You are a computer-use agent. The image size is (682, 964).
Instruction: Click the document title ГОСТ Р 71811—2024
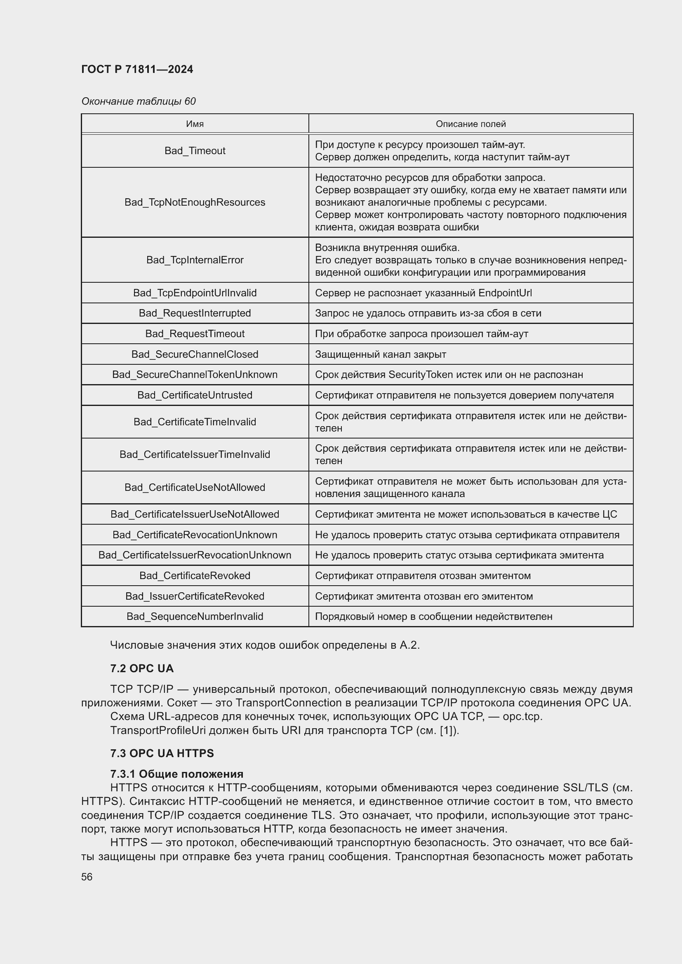(137, 69)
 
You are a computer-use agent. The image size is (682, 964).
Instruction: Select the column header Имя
(195, 124)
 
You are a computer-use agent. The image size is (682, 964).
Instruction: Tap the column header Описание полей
(470, 124)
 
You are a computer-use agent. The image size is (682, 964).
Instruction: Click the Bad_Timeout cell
(195, 151)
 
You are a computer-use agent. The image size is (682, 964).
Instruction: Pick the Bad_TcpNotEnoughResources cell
(195, 202)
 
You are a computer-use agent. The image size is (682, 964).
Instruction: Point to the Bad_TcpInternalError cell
(195, 260)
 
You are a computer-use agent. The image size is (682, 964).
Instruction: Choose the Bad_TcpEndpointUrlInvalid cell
(195, 293)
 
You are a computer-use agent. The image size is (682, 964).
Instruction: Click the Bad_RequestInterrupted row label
(195, 313)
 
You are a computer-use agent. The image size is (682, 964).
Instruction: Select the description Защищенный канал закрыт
(381, 354)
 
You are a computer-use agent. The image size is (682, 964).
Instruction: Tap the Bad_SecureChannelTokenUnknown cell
(195, 375)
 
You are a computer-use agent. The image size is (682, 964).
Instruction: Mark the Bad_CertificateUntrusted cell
(195, 395)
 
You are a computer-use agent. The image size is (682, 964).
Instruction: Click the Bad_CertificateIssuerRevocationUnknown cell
(195, 555)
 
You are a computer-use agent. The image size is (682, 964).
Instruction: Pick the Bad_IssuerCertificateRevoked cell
(195, 596)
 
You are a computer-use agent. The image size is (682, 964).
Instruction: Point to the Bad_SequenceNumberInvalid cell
(195, 616)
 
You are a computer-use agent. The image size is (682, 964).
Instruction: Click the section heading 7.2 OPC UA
(142, 668)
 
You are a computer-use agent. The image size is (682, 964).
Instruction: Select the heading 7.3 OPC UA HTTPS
(162, 753)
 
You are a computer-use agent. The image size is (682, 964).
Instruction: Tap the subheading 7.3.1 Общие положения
(177, 774)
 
